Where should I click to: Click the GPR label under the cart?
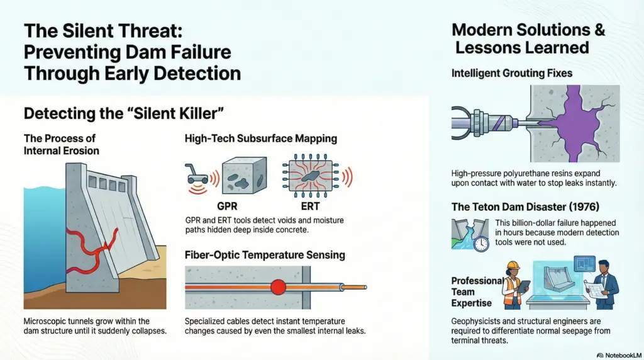[x=227, y=206]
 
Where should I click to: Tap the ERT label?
[x=310, y=206]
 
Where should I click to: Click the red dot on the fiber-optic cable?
[x=278, y=287]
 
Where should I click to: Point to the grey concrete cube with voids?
[x=244, y=175]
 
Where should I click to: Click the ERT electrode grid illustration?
[x=311, y=176]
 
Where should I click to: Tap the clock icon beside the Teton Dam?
[x=481, y=244]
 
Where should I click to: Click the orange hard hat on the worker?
[x=513, y=266]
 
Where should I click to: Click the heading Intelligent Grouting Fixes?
[x=512, y=73]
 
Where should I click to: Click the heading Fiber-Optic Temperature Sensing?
[x=265, y=255]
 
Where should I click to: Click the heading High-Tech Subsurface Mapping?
[x=261, y=138]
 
